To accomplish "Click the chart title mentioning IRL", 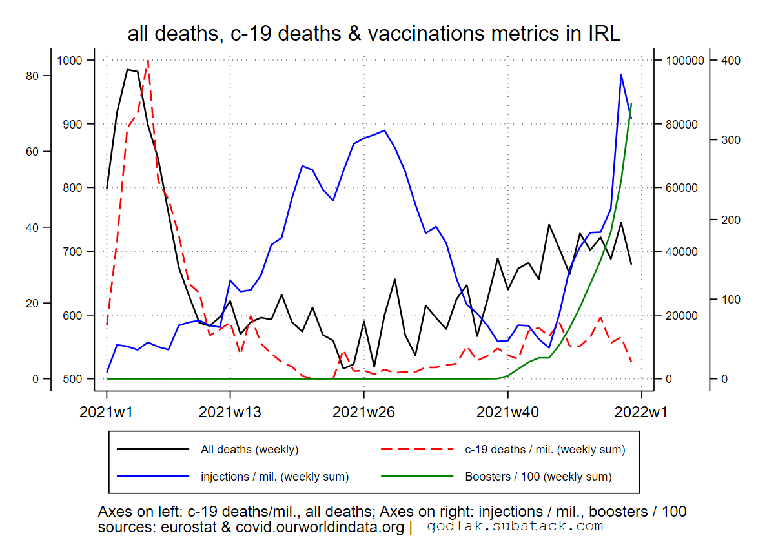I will coord(374,34).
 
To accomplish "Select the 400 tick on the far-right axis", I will coord(730,61).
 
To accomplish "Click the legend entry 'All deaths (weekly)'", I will coord(249,449).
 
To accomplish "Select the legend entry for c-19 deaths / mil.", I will coord(544,449).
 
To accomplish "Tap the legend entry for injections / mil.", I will coord(274,477).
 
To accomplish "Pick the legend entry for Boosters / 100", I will coord(538,477).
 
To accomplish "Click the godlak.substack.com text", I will coord(515,526).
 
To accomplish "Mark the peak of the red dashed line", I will coord(148,61).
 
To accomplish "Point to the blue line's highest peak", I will coord(621,75).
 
